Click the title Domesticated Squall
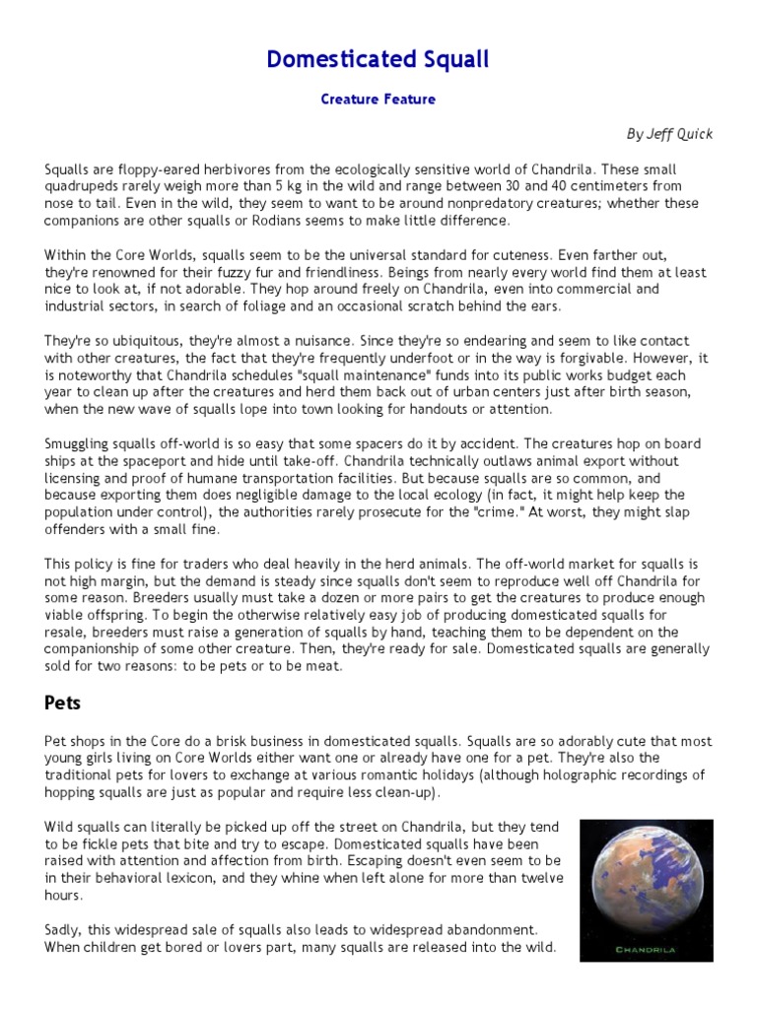click(x=378, y=60)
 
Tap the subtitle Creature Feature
click(x=378, y=100)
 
